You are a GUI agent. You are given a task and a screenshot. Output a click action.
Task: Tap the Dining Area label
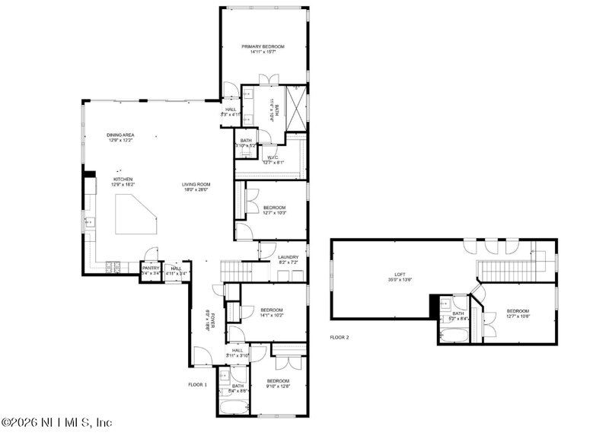(x=121, y=135)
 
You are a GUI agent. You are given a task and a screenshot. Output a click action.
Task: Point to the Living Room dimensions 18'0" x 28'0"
(x=196, y=189)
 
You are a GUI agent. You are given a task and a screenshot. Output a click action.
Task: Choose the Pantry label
(x=151, y=268)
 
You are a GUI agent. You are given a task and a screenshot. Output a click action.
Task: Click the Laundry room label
(x=288, y=257)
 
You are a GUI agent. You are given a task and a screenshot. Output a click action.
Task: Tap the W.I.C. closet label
(x=273, y=157)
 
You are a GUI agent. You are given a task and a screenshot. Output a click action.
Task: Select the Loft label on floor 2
(x=400, y=275)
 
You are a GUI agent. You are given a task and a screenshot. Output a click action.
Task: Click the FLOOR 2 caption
(x=340, y=336)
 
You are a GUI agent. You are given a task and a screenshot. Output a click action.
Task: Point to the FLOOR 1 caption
(x=198, y=385)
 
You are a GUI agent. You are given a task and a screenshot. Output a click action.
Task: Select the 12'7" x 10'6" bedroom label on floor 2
(x=518, y=311)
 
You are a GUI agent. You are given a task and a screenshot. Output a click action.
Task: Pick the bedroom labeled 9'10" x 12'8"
(x=278, y=381)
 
